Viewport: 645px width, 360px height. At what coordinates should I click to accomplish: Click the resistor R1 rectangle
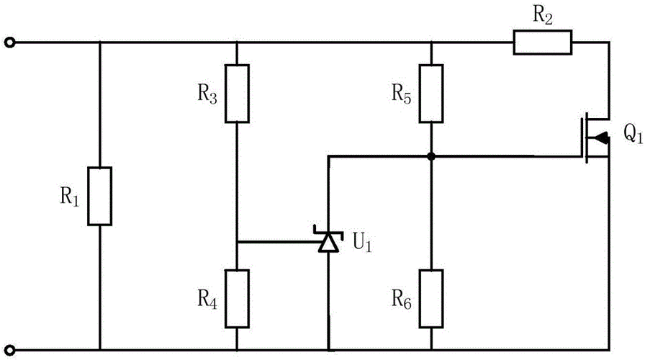tap(100, 197)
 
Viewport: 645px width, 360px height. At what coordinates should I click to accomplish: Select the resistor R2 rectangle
tap(543, 42)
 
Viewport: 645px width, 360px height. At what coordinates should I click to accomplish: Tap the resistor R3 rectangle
tap(237, 94)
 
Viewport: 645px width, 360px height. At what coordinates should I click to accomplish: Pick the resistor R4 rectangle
tap(237, 298)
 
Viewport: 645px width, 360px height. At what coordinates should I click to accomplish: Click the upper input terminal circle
tap(9, 42)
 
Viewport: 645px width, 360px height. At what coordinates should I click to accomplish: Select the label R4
tap(207, 297)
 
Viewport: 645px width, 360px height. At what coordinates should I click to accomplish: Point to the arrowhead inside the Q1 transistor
tap(603, 137)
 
